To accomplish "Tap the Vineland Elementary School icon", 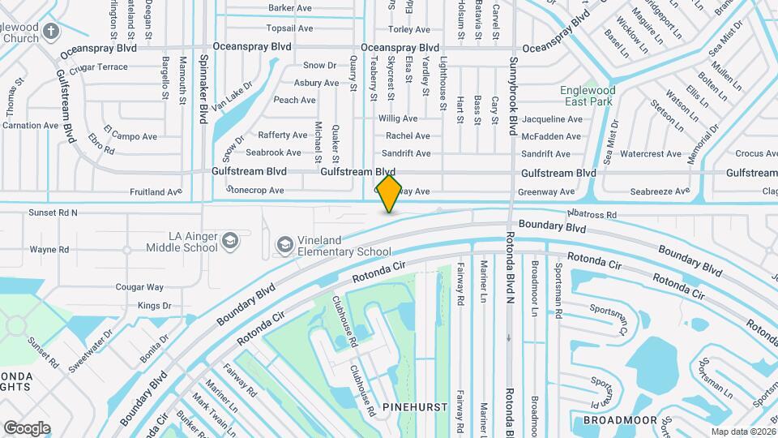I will pos(284,244).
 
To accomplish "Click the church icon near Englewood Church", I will pos(51,32).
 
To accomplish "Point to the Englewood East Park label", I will pos(588,97).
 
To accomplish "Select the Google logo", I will pos(27,427).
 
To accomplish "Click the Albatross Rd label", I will pos(592,214).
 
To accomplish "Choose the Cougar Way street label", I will pos(139,287).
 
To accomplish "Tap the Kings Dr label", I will pos(154,306).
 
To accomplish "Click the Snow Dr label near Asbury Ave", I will pos(319,65).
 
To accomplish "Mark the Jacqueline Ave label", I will pos(552,118).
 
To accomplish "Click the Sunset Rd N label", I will pos(53,213).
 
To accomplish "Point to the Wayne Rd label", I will pos(48,249).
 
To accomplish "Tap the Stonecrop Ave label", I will pos(255,191).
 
